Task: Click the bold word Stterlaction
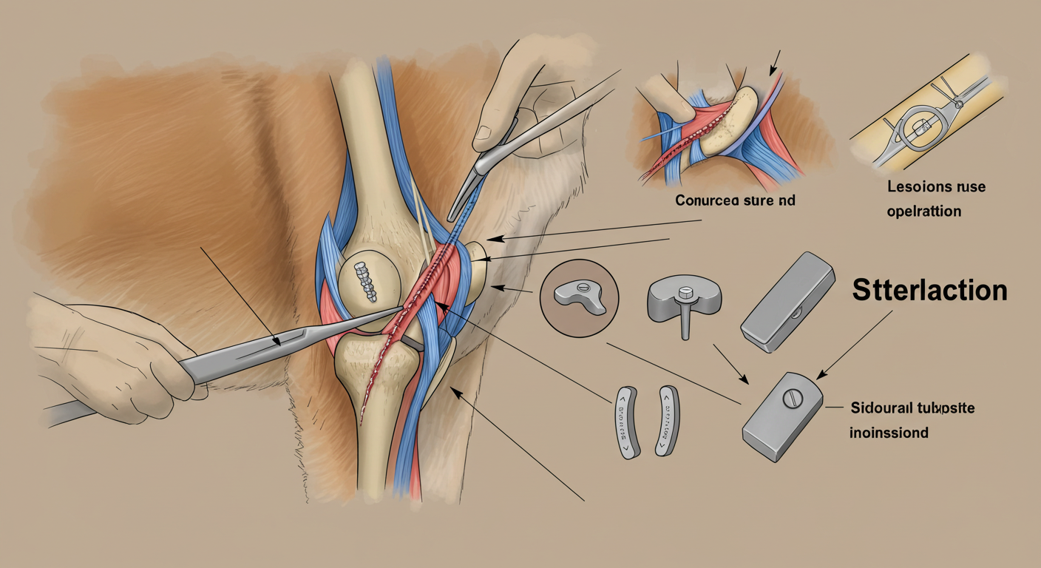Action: [x=929, y=291]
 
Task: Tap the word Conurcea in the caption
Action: [x=708, y=200]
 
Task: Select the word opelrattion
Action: [x=924, y=211]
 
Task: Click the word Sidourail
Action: [x=884, y=408]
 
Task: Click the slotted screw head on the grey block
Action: [x=792, y=399]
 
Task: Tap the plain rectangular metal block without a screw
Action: [x=787, y=300]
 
